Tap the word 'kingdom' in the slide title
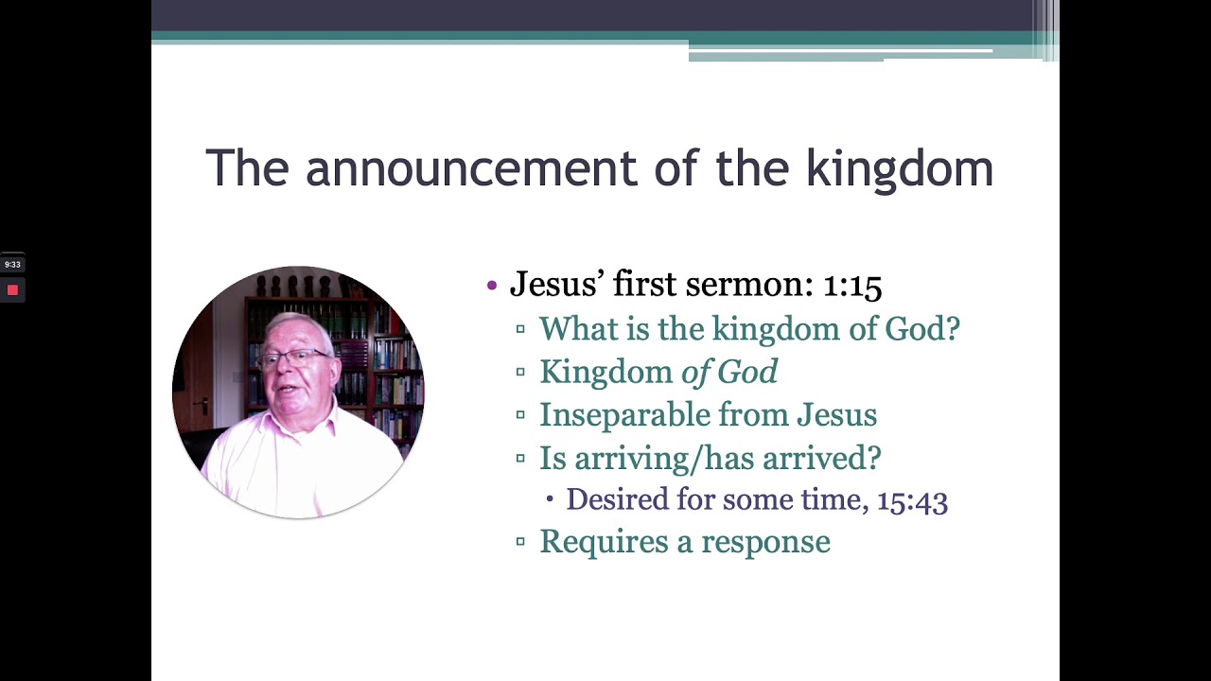pos(899,168)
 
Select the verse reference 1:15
pos(851,285)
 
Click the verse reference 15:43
pos(912,499)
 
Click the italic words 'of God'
pos(729,372)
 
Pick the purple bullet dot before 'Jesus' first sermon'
pos(491,285)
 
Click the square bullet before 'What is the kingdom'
pos(520,329)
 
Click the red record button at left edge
pos(12,290)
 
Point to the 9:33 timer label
pos(12,265)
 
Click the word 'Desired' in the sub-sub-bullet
pos(617,499)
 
